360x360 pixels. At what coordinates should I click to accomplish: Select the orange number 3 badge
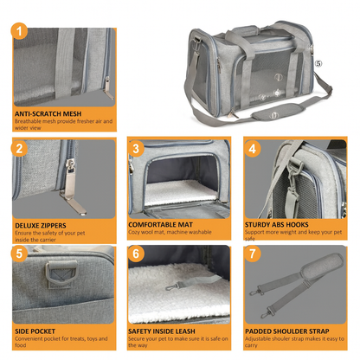pyautogui.click(x=136, y=148)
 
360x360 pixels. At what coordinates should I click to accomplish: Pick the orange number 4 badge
pyautogui.click(x=253, y=148)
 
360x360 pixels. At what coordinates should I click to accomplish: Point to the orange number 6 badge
pyautogui.click(x=136, y=254)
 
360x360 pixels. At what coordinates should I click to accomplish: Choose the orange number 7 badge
pyautogui.click(x=253, y=254)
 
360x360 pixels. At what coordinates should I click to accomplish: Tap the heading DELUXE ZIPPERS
pyautogui.click(x=43, y=224)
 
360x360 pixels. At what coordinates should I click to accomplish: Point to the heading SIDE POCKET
pyautogui.click(x=37, y=331)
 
